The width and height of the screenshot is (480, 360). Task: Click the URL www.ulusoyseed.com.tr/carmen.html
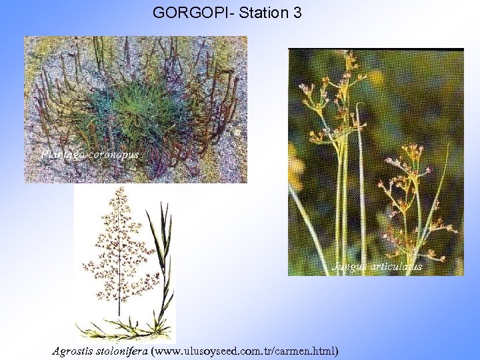coord(245,350)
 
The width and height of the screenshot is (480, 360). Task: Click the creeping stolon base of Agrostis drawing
coord(127,329)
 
